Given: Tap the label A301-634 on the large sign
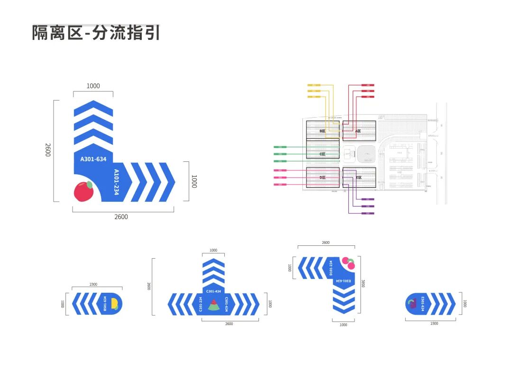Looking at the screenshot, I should coord(93,159).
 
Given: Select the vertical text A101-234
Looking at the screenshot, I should coord(116,182).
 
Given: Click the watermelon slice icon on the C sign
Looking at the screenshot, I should coord(213,304).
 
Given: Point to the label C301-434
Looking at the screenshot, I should coord(213,291).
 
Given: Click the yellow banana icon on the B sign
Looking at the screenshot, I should coord(114,304).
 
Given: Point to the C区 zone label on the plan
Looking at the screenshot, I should coord(322,154).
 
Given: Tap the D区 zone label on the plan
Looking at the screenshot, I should coord(323,177).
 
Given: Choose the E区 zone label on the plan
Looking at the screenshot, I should coord(358,177).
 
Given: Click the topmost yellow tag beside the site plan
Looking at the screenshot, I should coord(314,85).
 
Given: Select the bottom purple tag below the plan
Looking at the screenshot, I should coord(368,214).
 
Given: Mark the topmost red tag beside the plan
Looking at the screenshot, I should coord(368,85).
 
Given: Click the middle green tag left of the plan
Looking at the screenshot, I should coord(280,154).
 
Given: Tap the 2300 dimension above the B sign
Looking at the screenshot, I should coord(93,284).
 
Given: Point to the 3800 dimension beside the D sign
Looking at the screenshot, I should coord(363,283).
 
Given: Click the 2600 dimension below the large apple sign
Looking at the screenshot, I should coord(121,217).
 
